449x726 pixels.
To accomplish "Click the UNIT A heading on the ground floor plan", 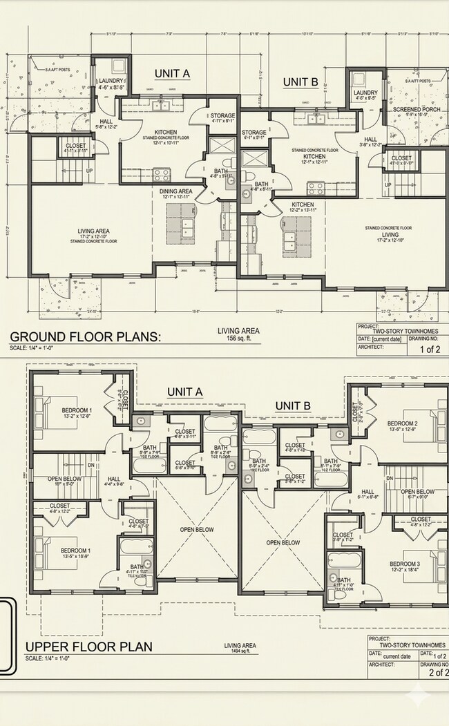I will click(x=172, y=74).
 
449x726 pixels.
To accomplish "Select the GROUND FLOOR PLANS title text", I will click(x=85, y=336).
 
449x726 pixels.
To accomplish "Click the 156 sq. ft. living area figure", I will click(x=238, y=338).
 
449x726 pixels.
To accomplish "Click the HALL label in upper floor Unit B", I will click(x=367, y=493).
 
